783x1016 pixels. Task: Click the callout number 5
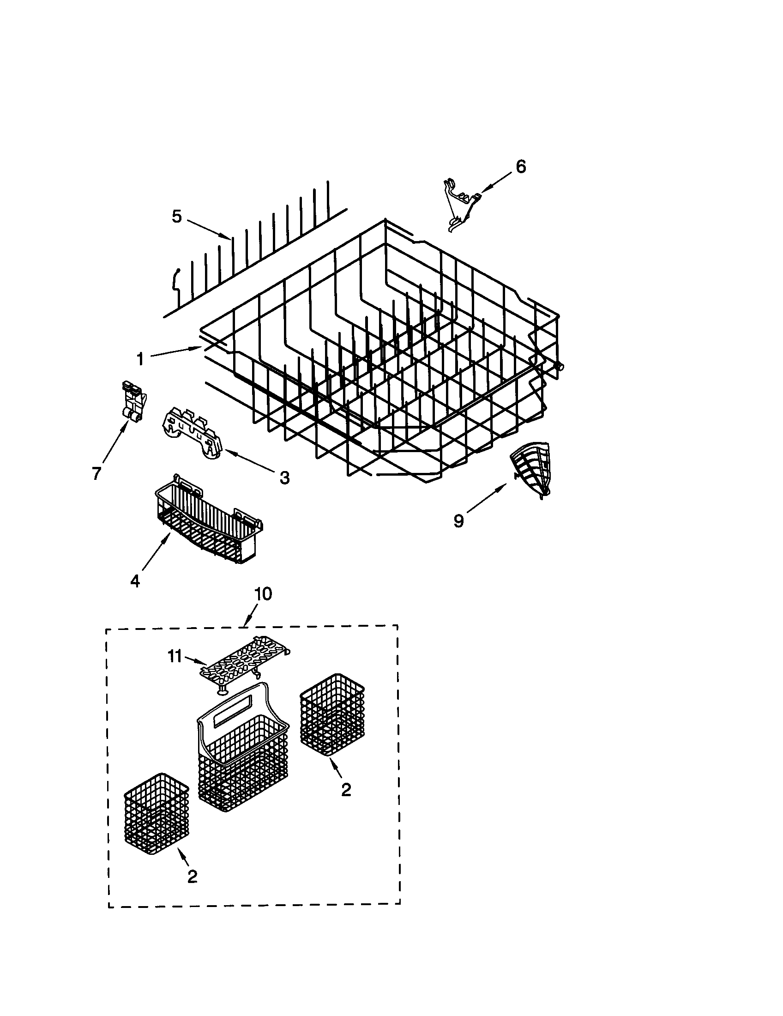177,217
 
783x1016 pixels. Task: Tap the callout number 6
521,167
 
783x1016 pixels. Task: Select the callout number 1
140,359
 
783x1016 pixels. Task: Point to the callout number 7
96,473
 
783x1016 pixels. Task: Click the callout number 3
284,478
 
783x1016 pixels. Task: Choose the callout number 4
135,581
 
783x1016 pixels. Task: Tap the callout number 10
263,594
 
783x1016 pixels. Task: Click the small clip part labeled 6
460,205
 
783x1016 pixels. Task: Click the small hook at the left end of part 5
176,280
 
